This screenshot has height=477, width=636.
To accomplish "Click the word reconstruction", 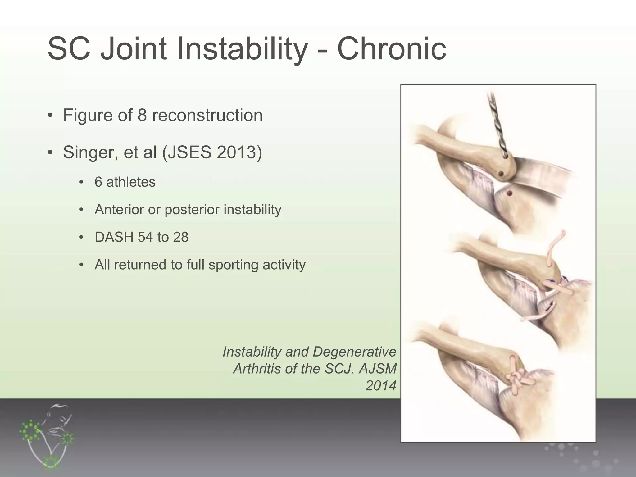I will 207,115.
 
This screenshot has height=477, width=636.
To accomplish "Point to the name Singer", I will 90,152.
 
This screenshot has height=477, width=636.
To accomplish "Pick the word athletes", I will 131,182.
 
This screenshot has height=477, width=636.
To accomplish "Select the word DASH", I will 114,237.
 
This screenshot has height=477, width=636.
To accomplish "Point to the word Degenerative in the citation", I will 354,352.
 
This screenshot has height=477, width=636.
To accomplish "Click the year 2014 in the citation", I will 381,386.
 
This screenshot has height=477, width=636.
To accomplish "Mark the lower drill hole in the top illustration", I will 509,193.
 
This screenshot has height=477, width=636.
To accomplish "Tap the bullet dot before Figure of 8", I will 50,116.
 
